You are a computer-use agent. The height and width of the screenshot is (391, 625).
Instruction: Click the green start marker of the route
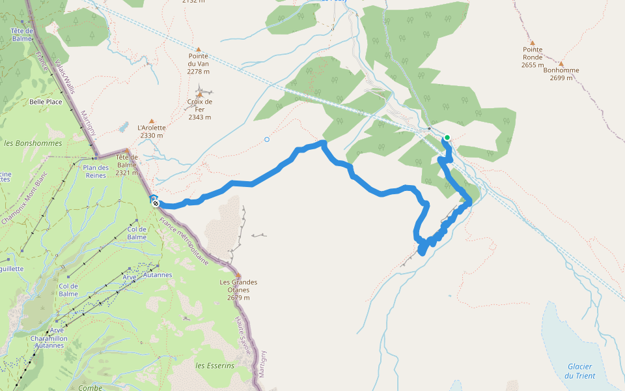(447, 138)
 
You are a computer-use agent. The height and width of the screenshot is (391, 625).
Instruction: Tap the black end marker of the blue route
(156, 203)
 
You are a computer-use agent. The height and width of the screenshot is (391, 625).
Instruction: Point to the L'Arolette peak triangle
(151, 121)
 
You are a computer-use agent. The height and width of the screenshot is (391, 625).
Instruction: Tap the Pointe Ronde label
(532, 53)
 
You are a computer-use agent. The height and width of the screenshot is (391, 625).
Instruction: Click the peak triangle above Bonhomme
(559, 63)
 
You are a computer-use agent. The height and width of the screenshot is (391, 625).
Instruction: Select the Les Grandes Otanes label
(238, 286)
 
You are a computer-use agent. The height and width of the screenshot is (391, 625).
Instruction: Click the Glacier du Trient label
(578, 371)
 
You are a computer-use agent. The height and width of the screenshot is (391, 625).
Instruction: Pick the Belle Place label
(46, 102)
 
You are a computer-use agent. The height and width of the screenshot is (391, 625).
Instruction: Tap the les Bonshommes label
(33, 143)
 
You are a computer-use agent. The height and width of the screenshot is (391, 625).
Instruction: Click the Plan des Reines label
(96, 171)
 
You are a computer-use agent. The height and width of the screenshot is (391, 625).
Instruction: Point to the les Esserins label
(215, 366)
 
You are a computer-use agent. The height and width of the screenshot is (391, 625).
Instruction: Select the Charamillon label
(49, 339)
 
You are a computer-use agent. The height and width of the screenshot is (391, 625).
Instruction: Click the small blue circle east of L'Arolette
(267, 139)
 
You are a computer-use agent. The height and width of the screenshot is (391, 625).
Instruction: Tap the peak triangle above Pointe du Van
(199, 48)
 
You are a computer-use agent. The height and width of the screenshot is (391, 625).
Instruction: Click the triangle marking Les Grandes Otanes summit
(238, 275)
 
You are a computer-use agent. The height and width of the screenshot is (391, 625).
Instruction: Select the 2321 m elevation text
(126, 173)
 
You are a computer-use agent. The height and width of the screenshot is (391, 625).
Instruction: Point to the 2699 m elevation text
(561, 78)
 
